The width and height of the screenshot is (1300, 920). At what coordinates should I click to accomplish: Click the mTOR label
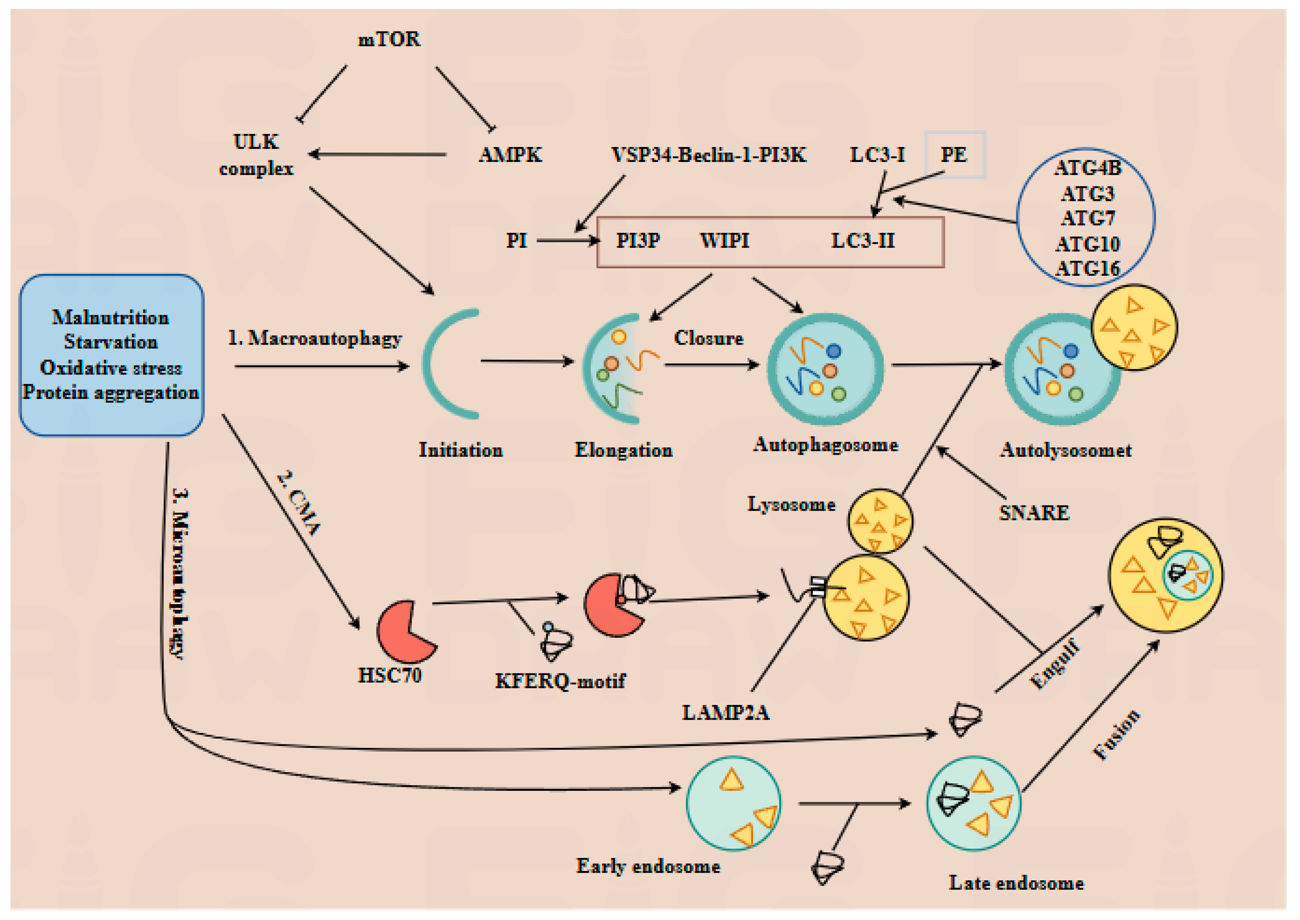coord(389,39)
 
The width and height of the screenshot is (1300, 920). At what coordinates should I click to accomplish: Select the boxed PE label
coord(954,155)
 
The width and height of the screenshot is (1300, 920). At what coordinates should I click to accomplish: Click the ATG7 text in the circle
coord(1088,218)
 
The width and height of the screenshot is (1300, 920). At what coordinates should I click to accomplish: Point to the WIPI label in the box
coord(724,241)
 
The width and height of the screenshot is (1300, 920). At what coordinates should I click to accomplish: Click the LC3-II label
coord(862,241)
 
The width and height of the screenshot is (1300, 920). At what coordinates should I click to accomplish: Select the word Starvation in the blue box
coord(110,342)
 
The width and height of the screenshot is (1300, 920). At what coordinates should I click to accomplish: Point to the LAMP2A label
coord(725,712)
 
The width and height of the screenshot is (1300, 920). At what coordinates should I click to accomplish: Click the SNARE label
coord(1034,513)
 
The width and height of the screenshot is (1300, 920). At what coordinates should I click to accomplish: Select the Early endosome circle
coord(733,803)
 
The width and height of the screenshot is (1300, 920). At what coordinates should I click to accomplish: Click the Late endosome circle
coord(973,803)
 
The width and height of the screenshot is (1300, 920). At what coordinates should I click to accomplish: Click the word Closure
coord(708,338)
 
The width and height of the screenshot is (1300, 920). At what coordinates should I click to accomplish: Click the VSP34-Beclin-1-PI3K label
coord(708,155)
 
